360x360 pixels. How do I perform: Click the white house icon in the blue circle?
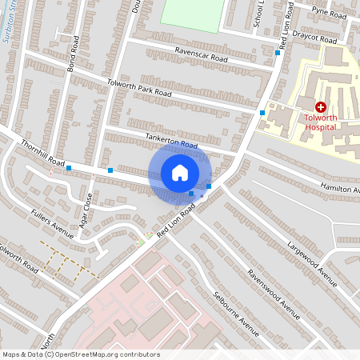pos(180,173)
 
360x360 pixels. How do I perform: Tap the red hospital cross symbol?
pos(321,106)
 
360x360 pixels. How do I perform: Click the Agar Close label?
pos(88,206)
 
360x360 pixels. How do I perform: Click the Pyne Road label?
pos(329,14)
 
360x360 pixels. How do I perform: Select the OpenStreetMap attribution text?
pos(81,354)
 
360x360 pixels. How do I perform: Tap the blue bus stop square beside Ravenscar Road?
pos(278,53)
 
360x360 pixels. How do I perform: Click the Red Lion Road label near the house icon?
pos(177,219)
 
